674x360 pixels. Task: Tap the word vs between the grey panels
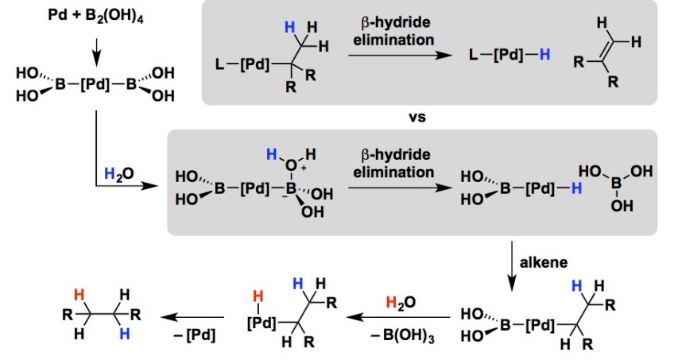point(418,118)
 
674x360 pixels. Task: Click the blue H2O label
point(119,173)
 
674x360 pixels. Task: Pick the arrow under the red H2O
point(401,319)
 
